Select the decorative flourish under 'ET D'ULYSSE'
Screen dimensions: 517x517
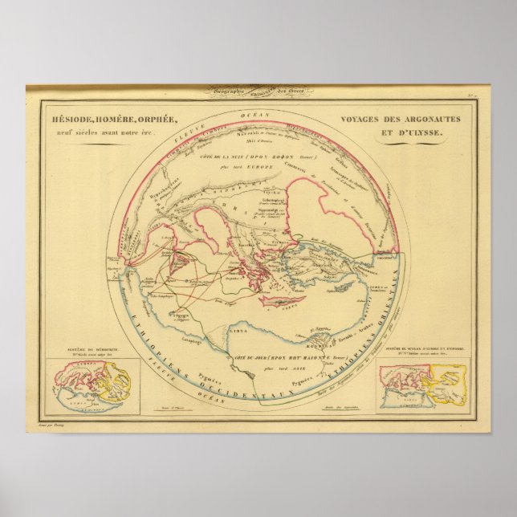point(410,142)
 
